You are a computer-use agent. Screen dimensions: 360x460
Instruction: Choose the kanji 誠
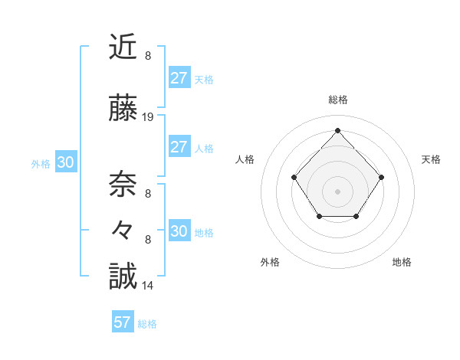(123, 276)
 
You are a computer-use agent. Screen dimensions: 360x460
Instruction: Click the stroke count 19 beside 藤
(148, 117)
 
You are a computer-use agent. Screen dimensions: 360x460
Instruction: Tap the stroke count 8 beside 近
(148, 56)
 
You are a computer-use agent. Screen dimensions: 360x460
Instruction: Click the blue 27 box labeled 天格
(179, 77)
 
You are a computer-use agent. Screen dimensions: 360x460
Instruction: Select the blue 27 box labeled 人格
(179, 147)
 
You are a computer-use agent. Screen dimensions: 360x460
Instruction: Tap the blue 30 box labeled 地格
(179, 231)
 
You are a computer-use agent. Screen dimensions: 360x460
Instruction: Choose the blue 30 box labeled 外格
(65, 162)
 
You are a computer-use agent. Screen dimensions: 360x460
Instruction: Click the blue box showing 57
(122, 322)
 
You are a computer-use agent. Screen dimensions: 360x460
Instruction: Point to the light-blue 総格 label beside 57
(147, 324)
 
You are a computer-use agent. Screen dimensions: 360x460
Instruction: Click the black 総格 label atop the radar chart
(337, 100)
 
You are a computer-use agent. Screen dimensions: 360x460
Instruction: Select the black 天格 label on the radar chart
(431, 159)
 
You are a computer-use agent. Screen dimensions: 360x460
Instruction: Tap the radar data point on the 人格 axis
(294, 178)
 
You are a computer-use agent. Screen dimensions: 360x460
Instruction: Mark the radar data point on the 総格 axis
(337, 129)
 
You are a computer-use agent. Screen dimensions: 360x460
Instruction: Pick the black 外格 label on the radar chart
(270, 262)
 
